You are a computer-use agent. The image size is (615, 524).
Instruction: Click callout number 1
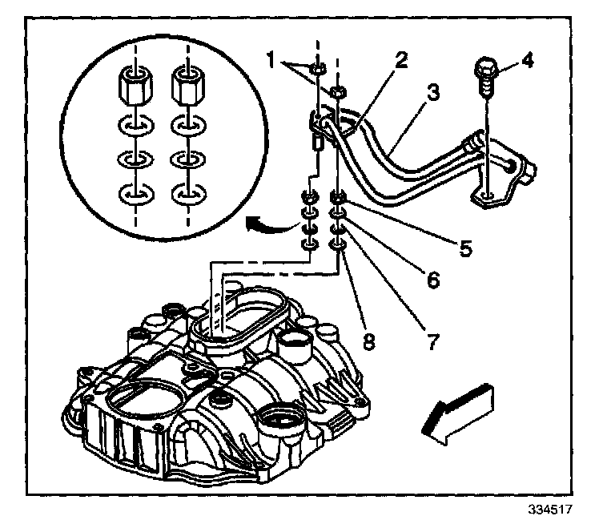pos(272,58)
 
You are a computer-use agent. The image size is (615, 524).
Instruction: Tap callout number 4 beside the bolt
pos(526,60)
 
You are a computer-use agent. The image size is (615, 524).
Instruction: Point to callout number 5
pos(464,248)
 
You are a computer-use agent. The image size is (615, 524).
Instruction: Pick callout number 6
pos(432,280)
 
